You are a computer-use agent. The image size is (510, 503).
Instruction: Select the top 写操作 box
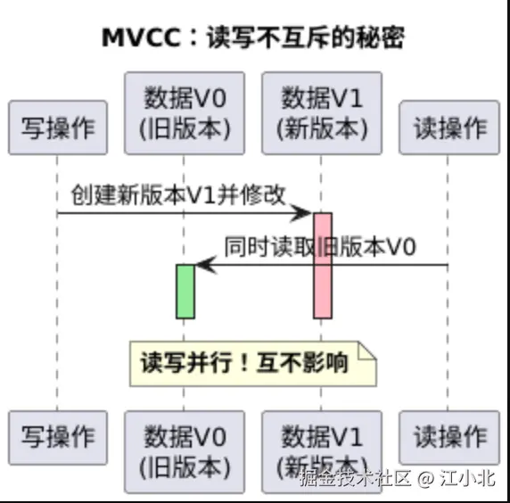[57, 128]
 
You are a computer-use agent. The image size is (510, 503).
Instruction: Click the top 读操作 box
[448, 128]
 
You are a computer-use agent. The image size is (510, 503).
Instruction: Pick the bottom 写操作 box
[57, 438]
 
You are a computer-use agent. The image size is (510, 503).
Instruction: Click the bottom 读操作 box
[448, 438]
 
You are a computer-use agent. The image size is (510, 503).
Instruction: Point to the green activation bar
[185, 291]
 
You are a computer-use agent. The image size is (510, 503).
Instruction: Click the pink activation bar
[322, 265]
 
